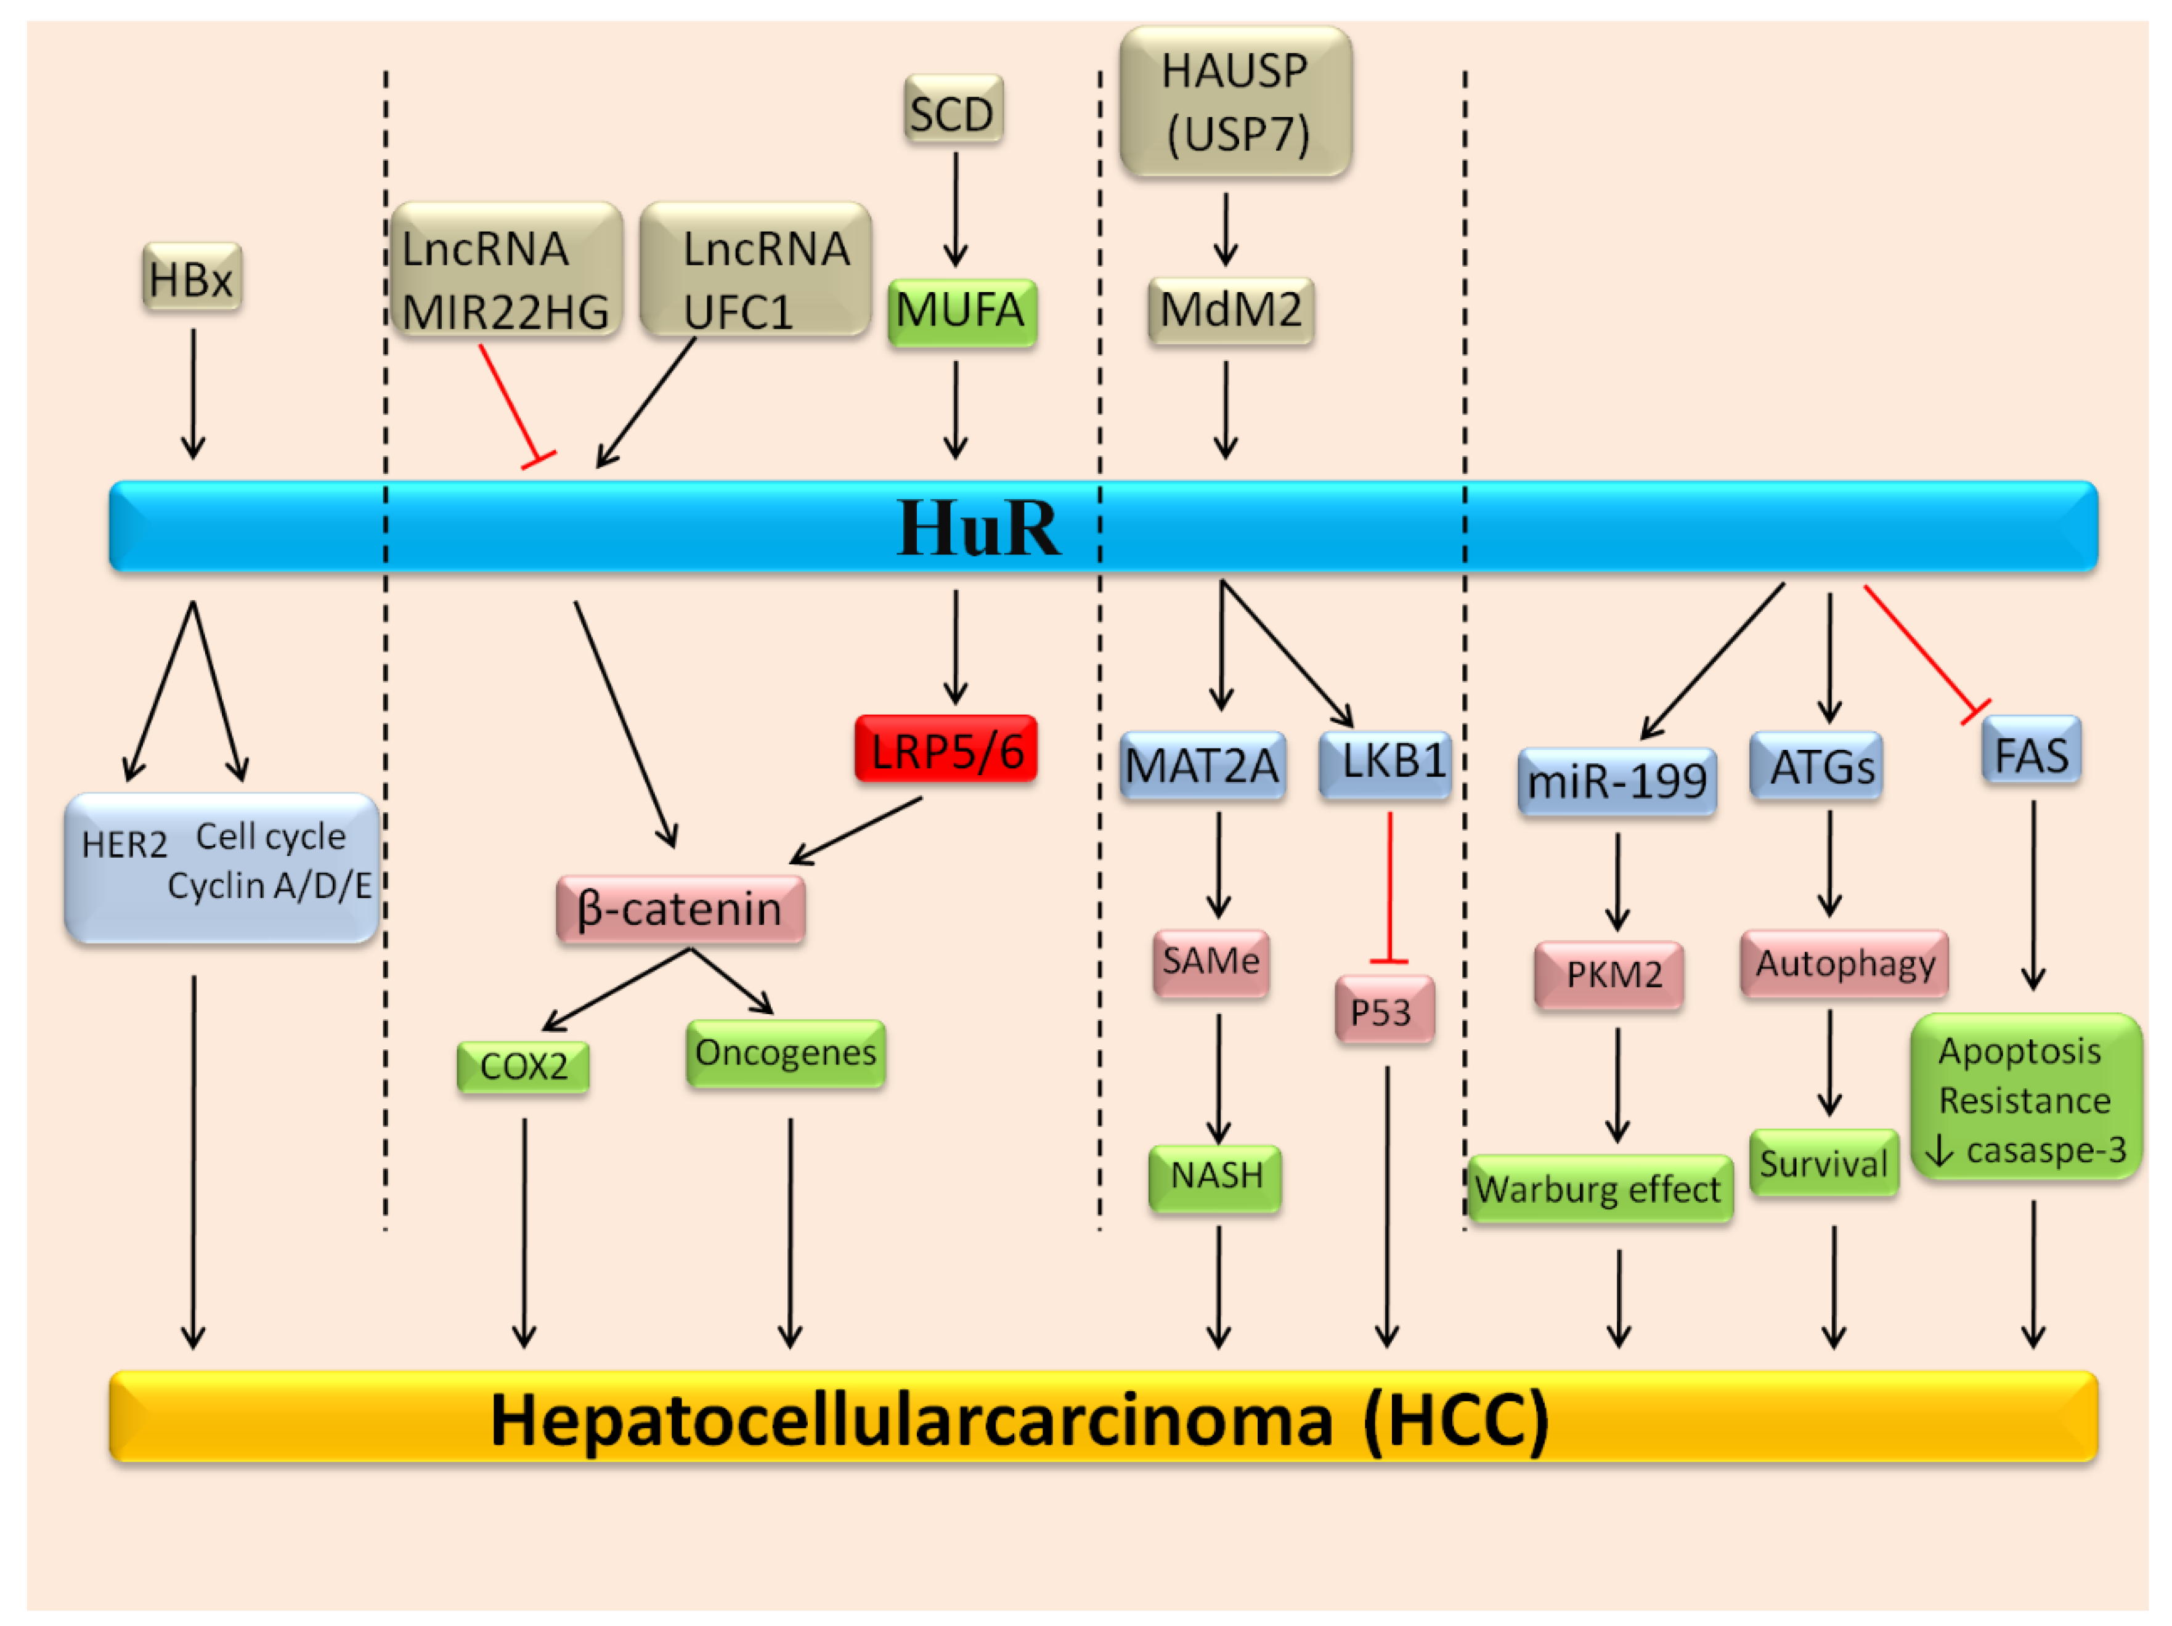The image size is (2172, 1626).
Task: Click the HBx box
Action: pyautogui.click(x=192, y=278)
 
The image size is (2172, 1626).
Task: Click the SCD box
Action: pyautogui.click(x=953, y=110)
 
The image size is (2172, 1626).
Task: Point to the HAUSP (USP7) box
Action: pyautogui.click(x=1235, y=102)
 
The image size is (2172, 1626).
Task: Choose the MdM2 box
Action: pyautogui.click(x=1230, y=311)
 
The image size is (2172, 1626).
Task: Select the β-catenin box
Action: pyautogui.click(x=680, y=909)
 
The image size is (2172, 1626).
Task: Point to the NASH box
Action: pyautogui.click(x=1216, y=1176)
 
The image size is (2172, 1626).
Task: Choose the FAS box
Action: pyautogui.click(x=2031, y=751)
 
